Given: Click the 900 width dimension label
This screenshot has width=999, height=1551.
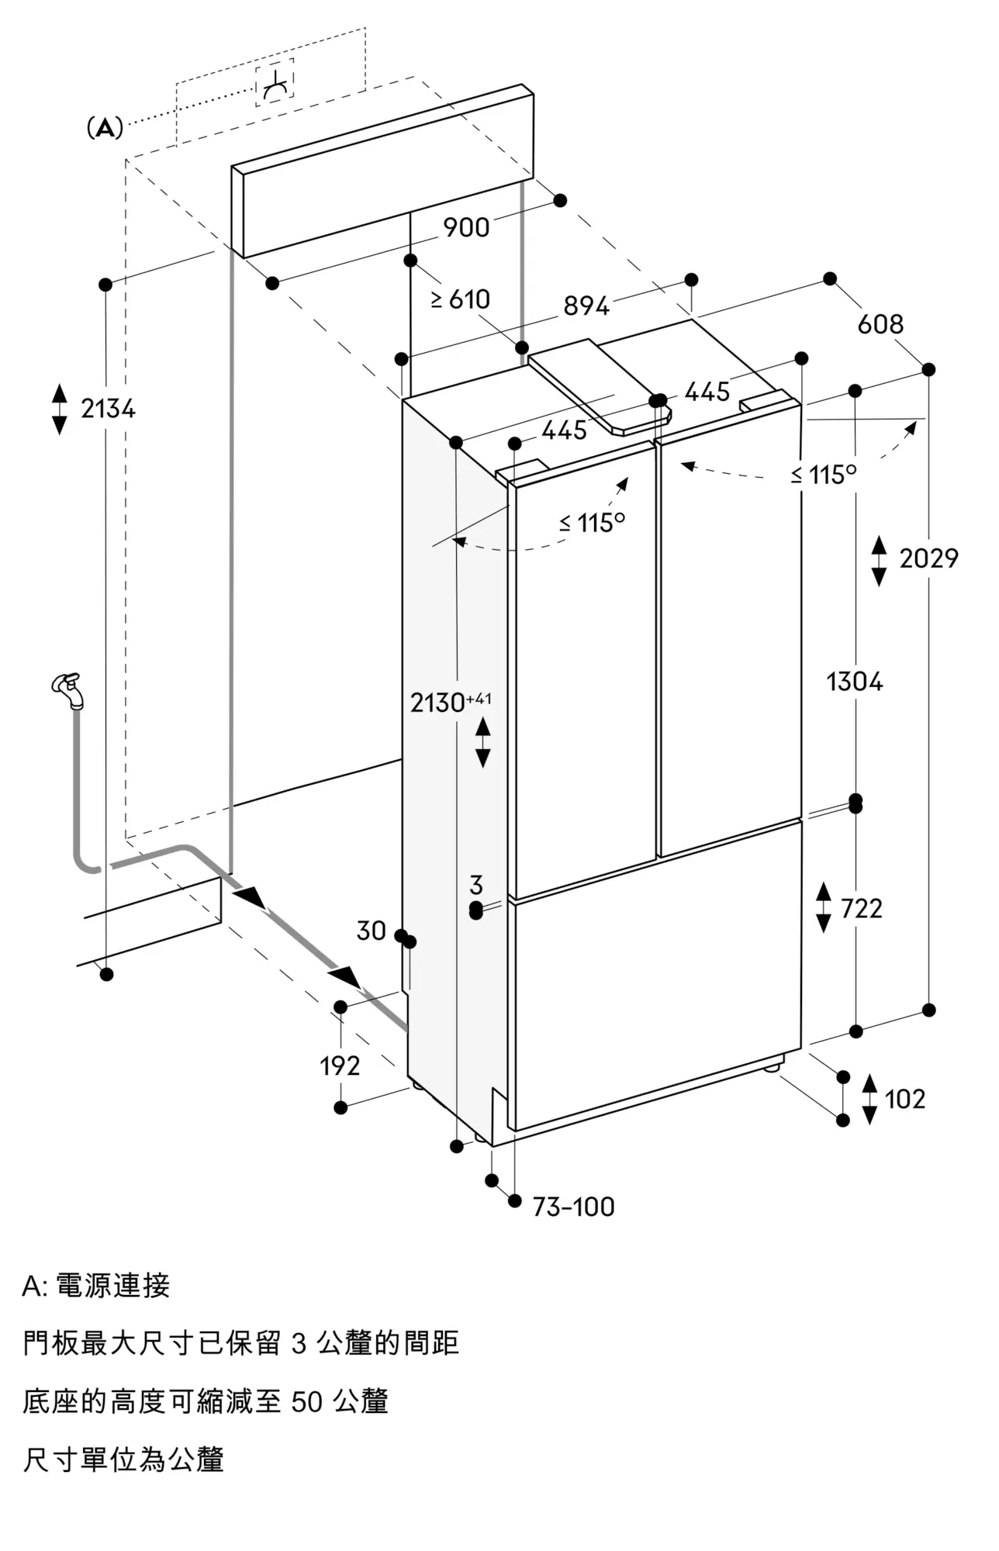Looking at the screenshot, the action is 466,227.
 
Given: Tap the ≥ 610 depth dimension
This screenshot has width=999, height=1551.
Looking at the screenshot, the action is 461,299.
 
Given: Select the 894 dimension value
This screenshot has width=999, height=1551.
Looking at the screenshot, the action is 586,306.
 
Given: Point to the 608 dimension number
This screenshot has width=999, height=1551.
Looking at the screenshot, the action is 880,323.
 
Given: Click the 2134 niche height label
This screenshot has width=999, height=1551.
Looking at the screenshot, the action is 109,408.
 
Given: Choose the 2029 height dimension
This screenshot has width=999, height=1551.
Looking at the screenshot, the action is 928,558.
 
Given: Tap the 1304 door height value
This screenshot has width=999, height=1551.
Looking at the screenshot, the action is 855,682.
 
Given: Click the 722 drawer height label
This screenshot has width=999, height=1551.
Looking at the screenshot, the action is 862,908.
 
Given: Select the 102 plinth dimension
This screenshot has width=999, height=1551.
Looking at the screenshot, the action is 905,1099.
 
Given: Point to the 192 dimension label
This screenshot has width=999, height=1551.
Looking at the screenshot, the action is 340,1066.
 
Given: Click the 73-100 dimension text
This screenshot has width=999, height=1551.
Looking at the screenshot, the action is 573,1207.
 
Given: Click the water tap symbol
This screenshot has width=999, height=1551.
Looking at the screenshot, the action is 68,690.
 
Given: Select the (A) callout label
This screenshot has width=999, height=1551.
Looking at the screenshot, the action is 105,128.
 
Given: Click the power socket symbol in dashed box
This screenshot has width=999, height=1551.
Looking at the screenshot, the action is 275,83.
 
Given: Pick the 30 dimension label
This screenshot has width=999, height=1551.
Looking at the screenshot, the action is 371,931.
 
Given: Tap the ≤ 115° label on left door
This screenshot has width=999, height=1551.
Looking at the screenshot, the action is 593,523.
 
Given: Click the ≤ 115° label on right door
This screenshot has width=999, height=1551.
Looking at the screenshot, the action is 824,474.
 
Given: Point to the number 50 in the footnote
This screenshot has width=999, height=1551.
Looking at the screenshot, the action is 307,1401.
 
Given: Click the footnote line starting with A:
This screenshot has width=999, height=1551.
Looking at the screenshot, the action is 96,1286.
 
